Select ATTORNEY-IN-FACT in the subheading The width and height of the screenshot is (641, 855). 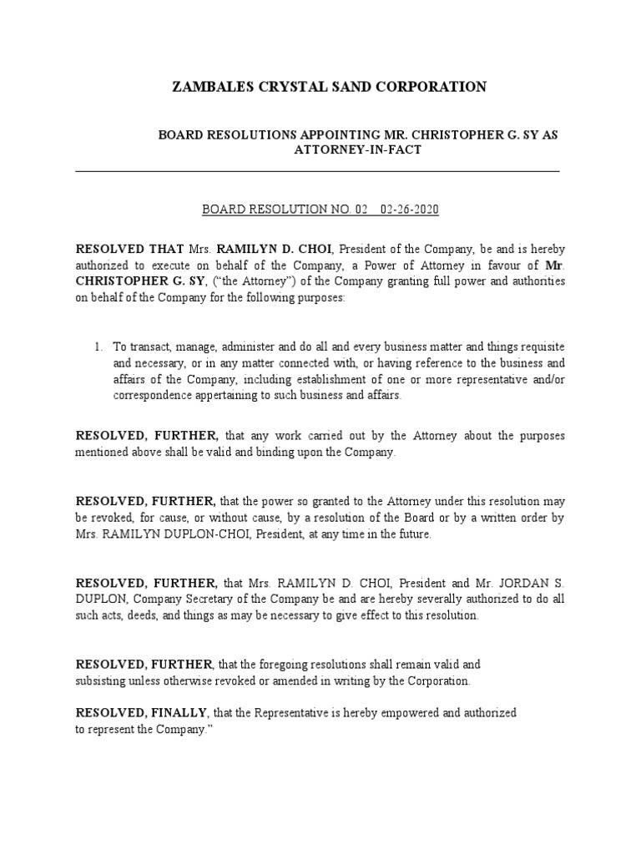coord(357,149)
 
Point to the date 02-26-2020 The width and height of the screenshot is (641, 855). coord(409,210)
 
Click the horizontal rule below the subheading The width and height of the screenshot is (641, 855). coord(317,171)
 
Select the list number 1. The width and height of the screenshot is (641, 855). coord(97,345)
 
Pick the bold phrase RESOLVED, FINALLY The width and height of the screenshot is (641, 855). coord(143,712)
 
